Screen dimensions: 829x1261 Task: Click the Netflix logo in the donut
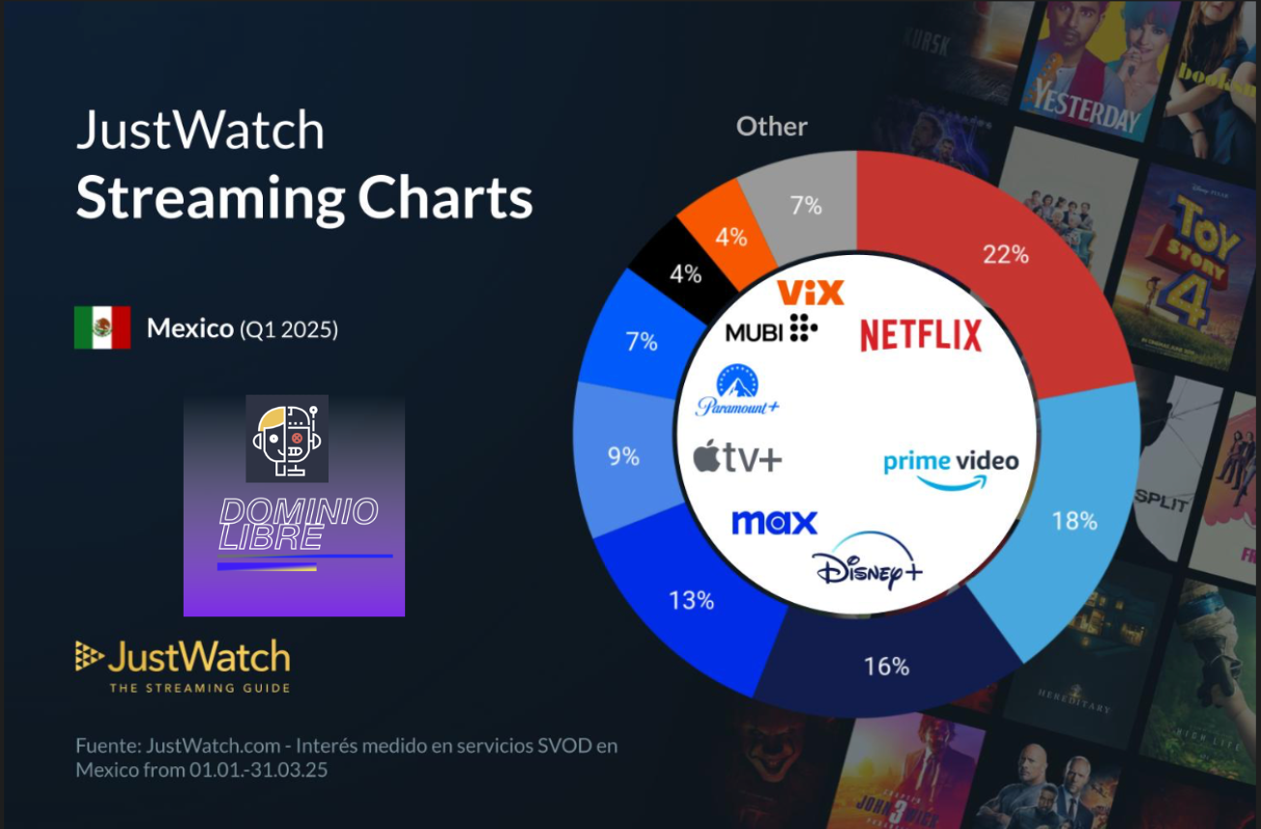pos(920,335)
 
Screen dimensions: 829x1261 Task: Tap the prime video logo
pos(951,467)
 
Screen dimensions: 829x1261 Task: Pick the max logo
pos(774,522)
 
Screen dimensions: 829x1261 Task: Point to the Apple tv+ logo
pos(737,457)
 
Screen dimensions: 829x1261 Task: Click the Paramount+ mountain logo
pos(737,391)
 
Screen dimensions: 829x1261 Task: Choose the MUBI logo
pos(771,330)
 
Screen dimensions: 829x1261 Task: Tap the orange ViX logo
pos(811,292)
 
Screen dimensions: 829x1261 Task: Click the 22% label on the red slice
pos(1005,255)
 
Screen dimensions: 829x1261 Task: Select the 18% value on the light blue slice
pos(1074,521)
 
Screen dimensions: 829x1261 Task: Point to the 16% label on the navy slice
pos(886,666)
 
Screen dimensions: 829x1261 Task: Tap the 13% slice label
pos(691,600)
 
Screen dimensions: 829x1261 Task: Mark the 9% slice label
pos(623,456)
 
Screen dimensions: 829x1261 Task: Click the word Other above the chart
pos(771,127)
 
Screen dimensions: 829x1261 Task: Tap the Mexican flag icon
pos(102,328)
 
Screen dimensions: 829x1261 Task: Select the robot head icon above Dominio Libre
pos(287,438)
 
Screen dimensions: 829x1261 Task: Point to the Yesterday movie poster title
pos(1086,102)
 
